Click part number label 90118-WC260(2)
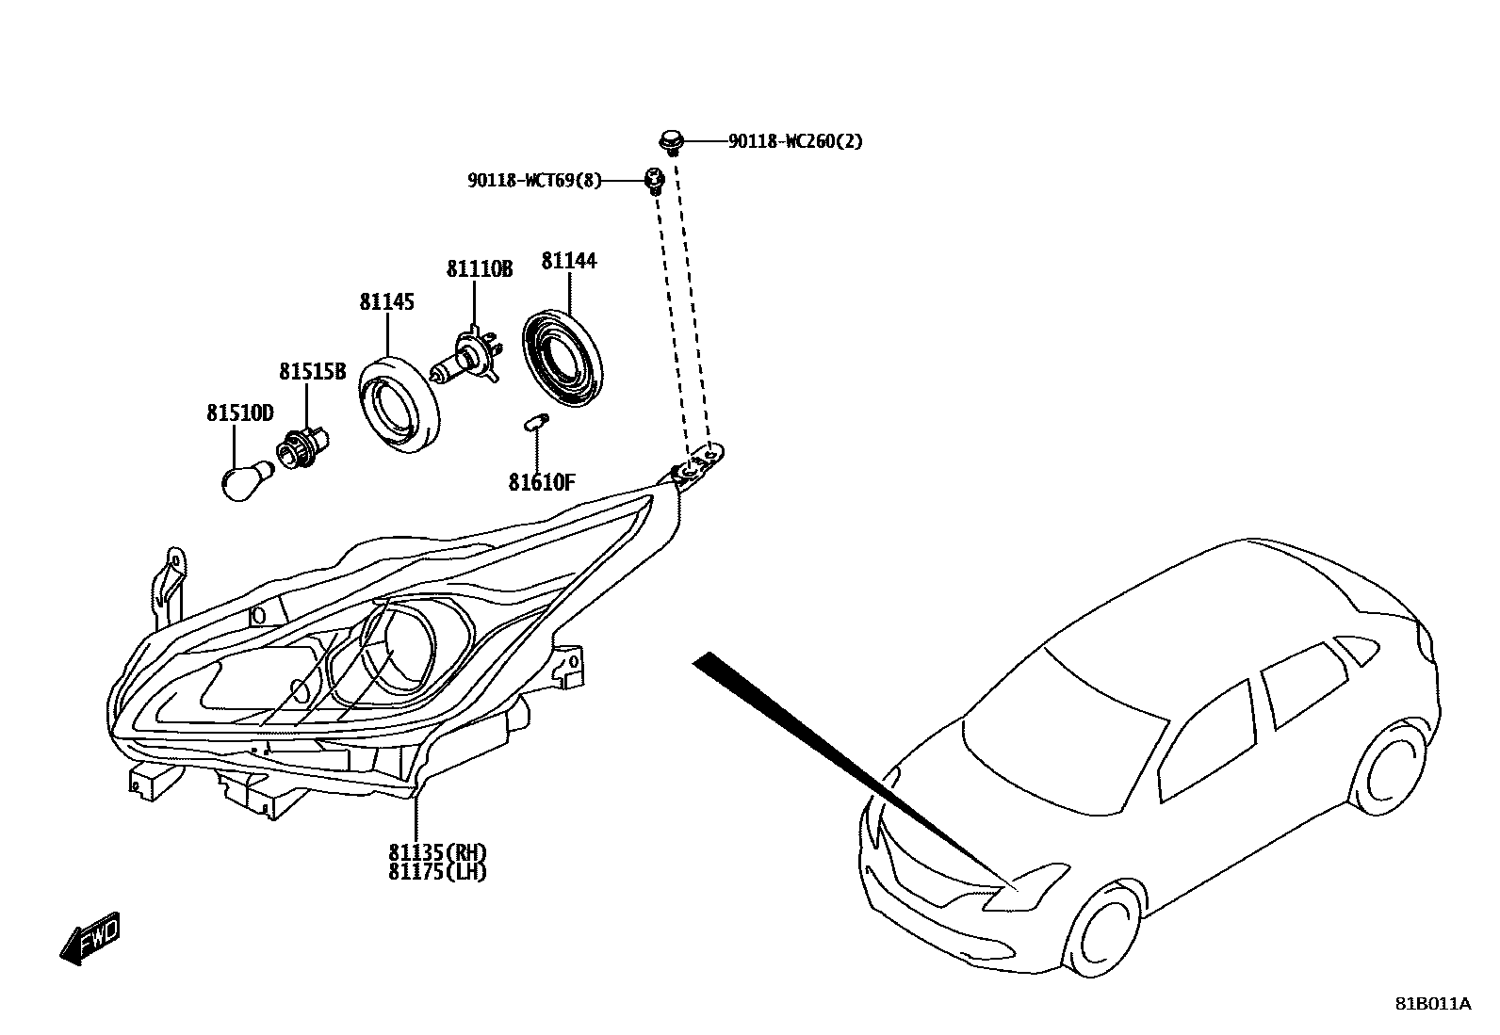794,142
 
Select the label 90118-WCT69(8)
534,180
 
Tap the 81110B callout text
479,269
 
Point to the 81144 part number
568,261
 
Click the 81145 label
386,302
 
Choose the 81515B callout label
312,372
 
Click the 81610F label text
541,483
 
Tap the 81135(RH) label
437,853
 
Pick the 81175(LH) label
437,872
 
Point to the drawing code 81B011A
1432,1004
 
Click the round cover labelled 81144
562,357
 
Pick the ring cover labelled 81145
400,402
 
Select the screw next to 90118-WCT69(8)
654,179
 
